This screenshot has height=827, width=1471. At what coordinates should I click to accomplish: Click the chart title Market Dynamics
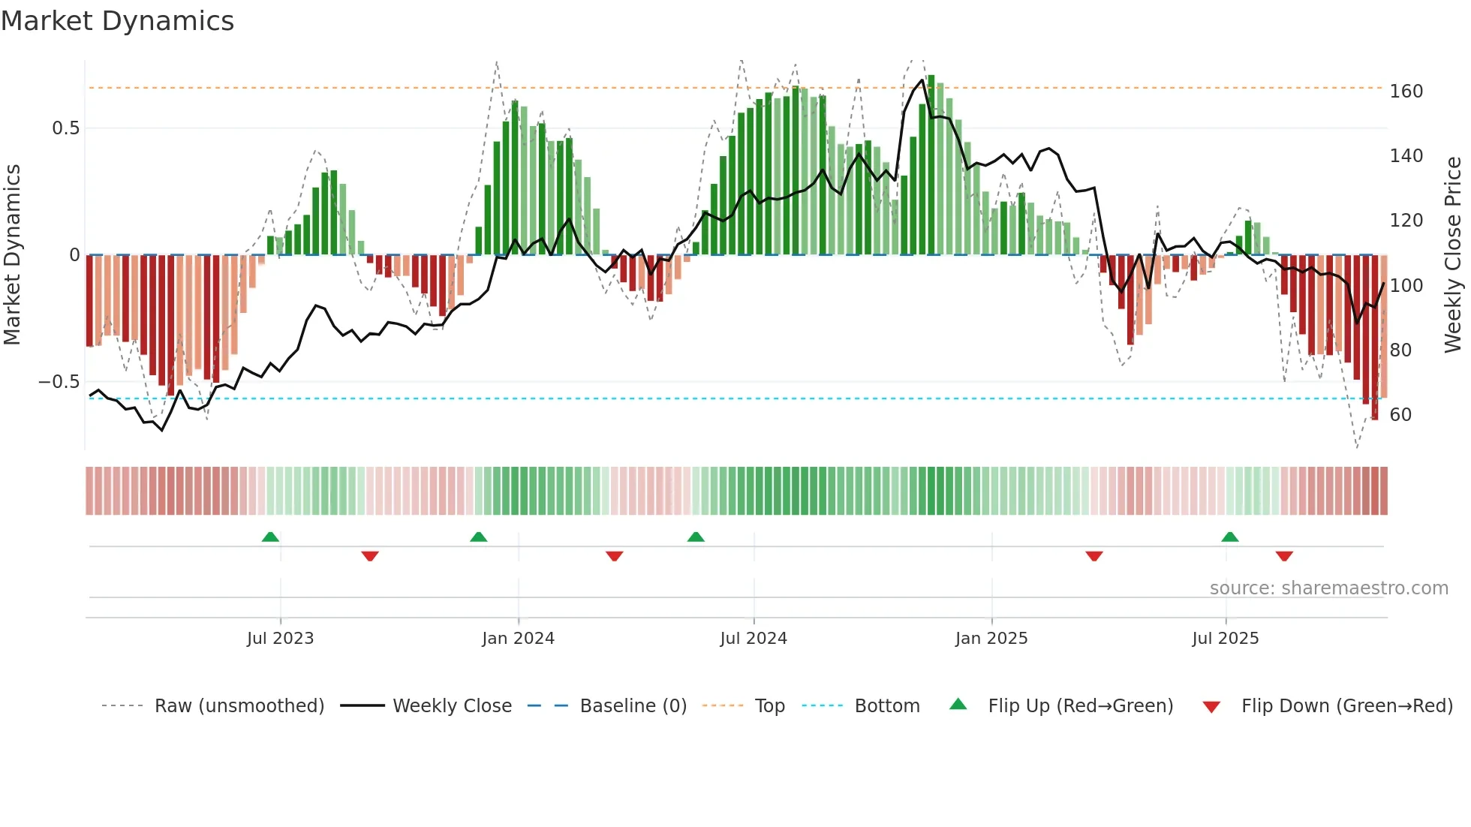pos(117,21)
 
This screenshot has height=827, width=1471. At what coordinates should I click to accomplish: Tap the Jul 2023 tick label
pos(280,639)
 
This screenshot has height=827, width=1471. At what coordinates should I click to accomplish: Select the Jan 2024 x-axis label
pos(518,639)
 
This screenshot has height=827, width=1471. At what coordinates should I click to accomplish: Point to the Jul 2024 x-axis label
pos(753,639)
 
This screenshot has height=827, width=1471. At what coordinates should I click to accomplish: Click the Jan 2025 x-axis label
pos(991,639)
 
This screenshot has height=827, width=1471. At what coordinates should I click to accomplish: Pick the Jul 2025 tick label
pos(1225,639)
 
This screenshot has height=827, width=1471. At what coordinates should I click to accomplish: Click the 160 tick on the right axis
pos(1406,92)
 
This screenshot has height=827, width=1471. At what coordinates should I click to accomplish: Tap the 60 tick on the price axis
pos(1400,415)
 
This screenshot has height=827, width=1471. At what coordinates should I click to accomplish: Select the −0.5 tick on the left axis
pos(59,382)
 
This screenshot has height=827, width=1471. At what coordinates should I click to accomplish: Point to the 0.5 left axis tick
pos(65,128)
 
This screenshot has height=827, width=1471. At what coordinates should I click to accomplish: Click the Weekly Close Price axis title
pos(1453,255)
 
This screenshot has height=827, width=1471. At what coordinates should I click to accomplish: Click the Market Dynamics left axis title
pos(12,255)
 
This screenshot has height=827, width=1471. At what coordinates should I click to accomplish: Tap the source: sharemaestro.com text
pos(1328,588)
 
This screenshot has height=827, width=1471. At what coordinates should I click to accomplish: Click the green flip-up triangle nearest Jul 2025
pos(1229,537)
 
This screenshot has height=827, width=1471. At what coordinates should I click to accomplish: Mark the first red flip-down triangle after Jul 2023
pos(370,556)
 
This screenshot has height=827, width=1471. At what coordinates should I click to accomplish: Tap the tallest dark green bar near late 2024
pos(931,165)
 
